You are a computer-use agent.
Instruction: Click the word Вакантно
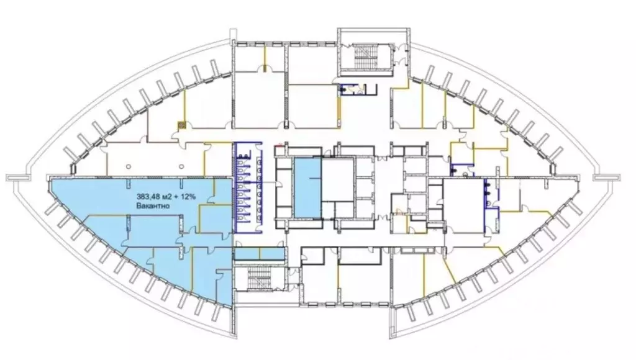coord(153,206)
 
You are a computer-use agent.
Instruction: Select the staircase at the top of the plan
coord(366,57)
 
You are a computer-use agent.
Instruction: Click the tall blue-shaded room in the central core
coord(307,189)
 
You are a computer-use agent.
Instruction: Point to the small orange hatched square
coord(182,125)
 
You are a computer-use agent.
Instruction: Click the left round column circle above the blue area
coord(129,166)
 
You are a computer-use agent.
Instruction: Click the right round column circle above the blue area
coord(181,166)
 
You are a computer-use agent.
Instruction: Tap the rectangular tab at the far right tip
coord(606,178)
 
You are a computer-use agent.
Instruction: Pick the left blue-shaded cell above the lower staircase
coord(247,254)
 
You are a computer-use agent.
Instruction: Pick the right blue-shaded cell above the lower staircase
coord(271,254)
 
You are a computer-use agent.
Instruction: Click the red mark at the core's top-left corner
coord(279,143)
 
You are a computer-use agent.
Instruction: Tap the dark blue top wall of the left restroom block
coord(248,143)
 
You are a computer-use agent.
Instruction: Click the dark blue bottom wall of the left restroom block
coord(248,232)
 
